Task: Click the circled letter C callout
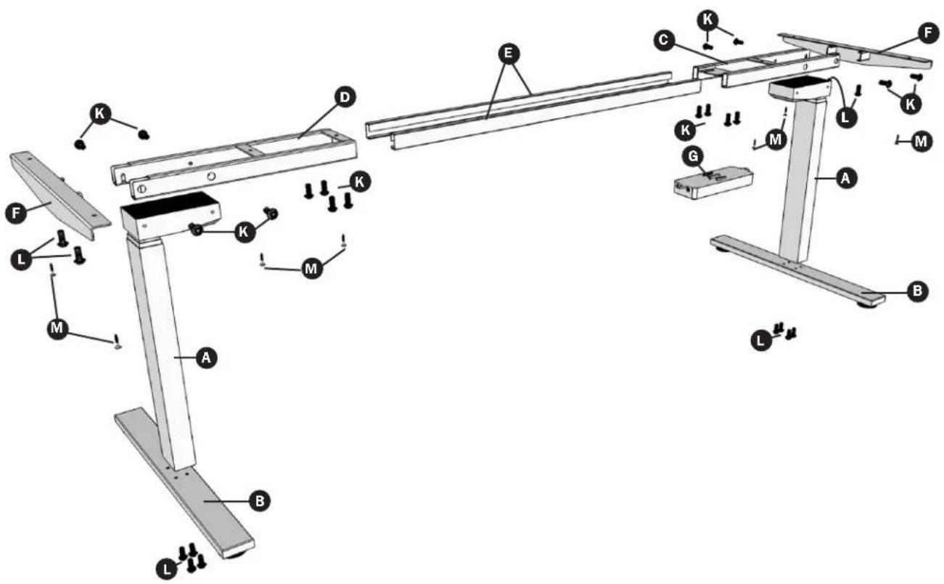664,41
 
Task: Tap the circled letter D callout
345,97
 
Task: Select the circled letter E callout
509,54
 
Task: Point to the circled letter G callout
693,157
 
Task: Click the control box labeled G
713,182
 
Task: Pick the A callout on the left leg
206,358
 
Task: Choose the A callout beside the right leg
845,179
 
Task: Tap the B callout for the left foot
260,501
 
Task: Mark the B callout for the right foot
917,291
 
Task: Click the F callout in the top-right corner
929,33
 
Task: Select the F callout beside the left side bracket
17,214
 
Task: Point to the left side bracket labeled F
59,195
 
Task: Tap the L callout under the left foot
167,569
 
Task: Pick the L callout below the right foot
761,340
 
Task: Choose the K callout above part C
707,20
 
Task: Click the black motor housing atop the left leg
171,216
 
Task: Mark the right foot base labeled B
797,272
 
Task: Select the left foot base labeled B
184,483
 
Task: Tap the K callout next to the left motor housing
244,232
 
